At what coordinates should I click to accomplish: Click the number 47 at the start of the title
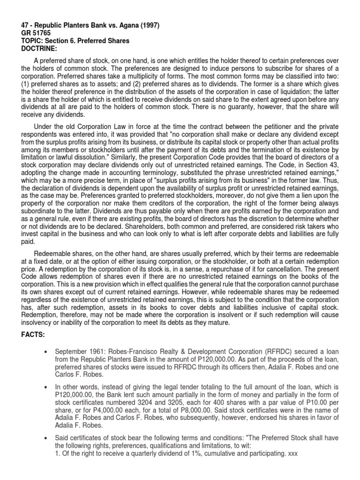coord(26,26)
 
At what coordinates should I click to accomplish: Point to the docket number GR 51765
coord(39,33)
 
